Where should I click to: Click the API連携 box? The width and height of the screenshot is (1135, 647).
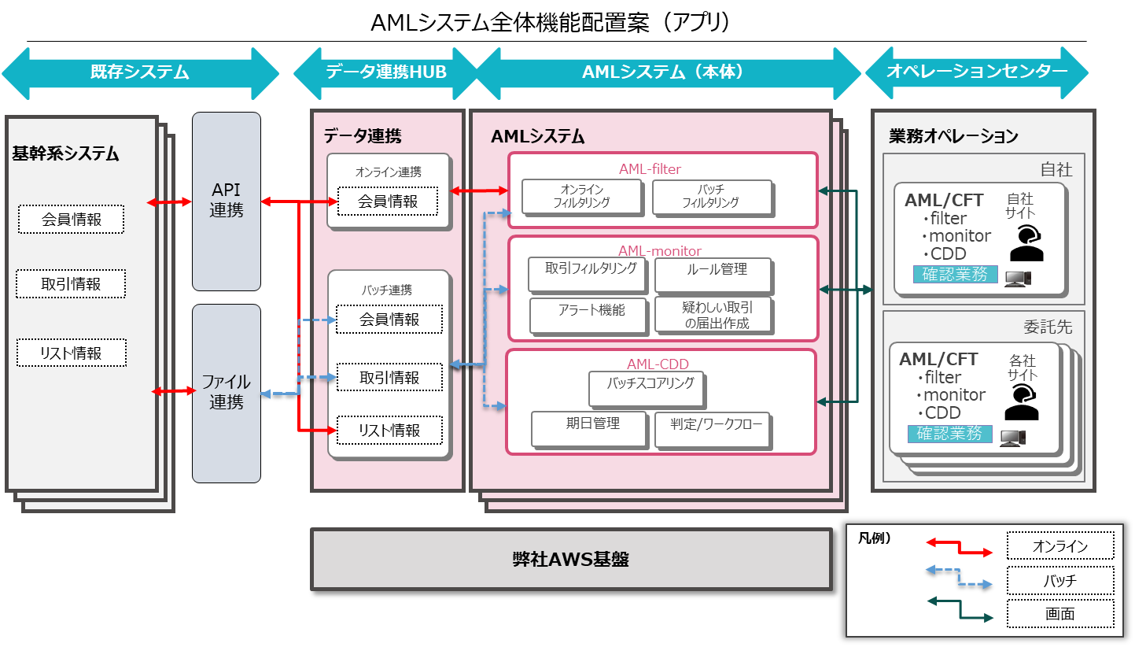click(226, 201)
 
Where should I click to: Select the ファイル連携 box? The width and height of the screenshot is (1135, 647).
click(226, 392)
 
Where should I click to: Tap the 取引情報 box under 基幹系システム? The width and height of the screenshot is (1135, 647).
click(71, 284)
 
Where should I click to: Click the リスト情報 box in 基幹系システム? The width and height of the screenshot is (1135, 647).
click(71, 353)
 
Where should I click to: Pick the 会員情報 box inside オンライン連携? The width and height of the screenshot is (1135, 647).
click(388, 201)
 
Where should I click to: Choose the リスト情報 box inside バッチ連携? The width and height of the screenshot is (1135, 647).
click(389, 431)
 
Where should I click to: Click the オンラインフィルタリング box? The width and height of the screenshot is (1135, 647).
click(581, 196)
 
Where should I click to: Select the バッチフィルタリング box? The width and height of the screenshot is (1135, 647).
click(710, 196)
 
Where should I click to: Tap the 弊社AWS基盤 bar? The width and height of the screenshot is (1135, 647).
click(570, 560)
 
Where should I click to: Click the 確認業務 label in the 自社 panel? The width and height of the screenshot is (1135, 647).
click(955, 275)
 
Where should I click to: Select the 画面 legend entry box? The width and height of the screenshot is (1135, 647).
click(1059, 614)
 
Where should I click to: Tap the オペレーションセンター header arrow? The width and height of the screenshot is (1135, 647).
click(976, 72)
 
